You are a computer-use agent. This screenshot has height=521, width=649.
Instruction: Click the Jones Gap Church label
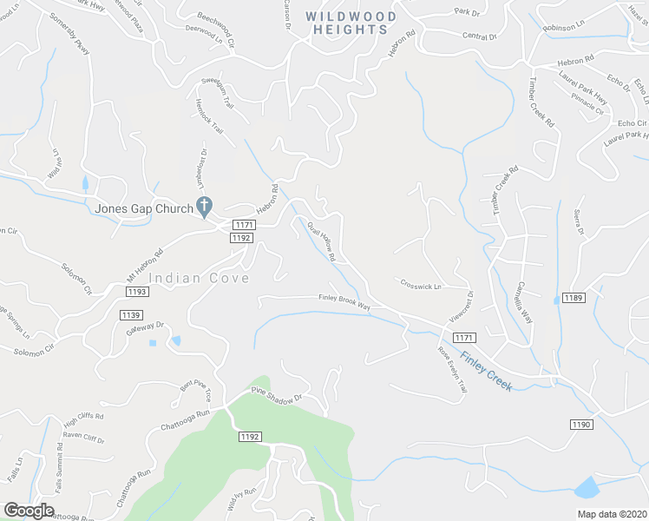point(144,208)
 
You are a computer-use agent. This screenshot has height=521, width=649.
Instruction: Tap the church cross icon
point(206,207)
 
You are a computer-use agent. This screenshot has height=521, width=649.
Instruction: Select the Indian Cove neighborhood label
point(199,278)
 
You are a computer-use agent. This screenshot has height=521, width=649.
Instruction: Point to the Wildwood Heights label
point(351,23)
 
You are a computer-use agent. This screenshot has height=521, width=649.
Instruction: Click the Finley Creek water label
point(486,370)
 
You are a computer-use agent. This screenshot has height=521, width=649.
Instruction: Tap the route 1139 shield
point(132,313)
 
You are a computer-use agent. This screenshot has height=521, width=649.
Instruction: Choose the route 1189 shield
point(574,298)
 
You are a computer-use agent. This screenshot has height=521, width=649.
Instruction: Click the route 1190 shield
point(581,424)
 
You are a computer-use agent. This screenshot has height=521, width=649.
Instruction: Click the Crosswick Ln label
point(421,285)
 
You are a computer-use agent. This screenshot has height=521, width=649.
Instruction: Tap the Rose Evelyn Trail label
point(453,368)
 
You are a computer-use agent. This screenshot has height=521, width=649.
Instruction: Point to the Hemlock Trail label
point(210,119)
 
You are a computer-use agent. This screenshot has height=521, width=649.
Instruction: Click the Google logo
point(29,511)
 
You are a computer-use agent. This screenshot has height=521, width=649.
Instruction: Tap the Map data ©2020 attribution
point(612,513)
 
